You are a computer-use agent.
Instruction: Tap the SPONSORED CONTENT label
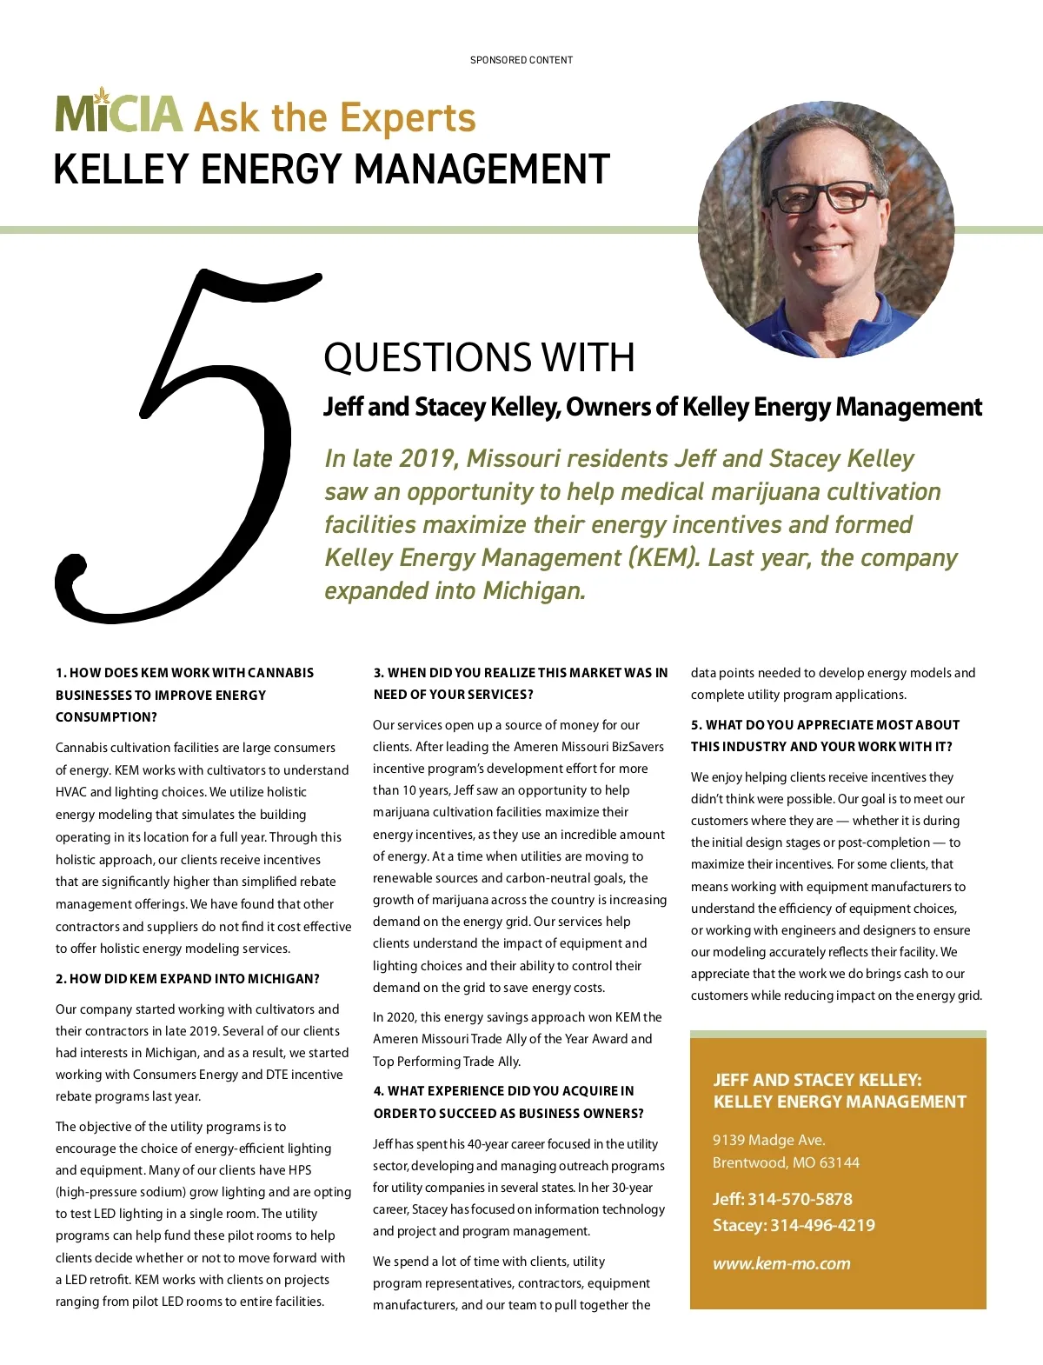521,60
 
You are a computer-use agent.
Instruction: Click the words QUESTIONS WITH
479,357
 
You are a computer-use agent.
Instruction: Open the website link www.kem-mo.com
781,1263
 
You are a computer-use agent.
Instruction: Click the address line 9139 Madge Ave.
768,1140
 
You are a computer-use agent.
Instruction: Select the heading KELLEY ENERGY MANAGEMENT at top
331,170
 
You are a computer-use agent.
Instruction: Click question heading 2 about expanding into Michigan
188,979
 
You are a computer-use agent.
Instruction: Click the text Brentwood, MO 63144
786,1162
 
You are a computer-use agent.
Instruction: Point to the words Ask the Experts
335,118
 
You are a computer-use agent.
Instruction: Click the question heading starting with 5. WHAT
825,736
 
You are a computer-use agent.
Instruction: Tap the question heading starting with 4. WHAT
508,1102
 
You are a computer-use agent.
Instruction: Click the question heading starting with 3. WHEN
521,683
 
